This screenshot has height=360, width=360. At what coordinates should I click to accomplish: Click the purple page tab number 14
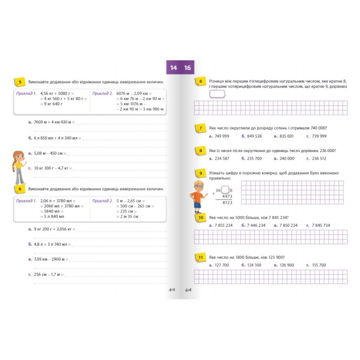[174, 68]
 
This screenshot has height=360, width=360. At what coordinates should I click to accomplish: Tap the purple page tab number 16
[187, 68]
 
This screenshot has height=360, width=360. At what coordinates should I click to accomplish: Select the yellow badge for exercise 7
[200, 128]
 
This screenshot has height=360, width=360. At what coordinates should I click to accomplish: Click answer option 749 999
[221, 136]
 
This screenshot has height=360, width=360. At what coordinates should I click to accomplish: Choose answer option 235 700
[254, 158]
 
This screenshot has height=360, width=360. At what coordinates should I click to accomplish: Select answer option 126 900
[287, 265]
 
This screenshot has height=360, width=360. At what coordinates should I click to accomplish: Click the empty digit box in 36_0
[225, 190]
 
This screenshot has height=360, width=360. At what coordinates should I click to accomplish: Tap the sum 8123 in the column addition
[227, 203]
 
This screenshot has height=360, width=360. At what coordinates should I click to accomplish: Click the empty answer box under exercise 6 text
[217, 94]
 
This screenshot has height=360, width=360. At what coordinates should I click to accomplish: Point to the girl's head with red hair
[18, 157]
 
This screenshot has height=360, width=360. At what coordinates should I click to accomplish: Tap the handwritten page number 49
[172, 290]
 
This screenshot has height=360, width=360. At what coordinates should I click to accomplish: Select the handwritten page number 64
[188, 290]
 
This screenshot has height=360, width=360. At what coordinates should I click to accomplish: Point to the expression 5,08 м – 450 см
[48, 153]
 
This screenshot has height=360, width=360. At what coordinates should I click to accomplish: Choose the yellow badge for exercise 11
[200, 257]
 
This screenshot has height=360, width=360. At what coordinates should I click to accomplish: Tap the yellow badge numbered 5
[20, 82]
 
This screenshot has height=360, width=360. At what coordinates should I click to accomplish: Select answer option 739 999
[319, 136]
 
